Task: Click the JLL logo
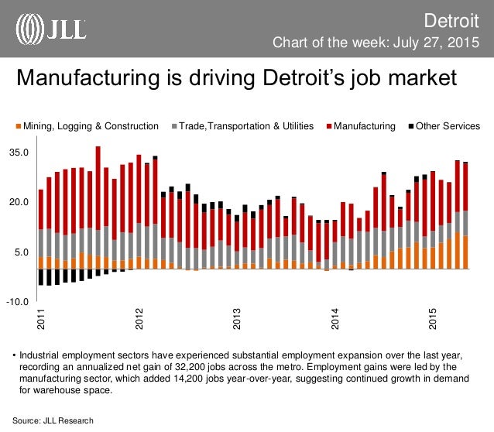52,28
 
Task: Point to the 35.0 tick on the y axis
19,153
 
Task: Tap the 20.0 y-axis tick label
19,202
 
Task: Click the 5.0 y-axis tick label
22,252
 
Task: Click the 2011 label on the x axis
42,320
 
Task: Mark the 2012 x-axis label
140,320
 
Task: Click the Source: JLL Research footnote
53,420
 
